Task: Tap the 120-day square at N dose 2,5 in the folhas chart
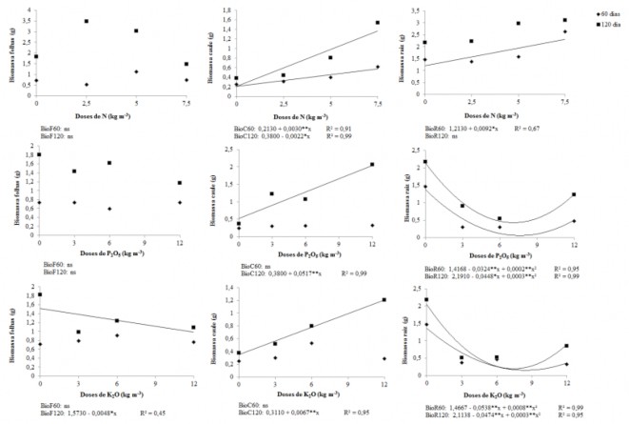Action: (87, 21)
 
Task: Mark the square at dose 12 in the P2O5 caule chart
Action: (372, 164)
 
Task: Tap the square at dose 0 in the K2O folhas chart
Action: (39, 294)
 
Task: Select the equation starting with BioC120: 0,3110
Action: (278, 414)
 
